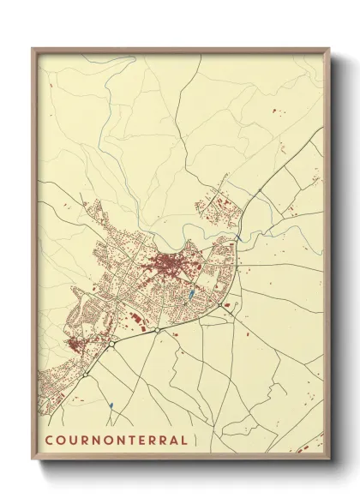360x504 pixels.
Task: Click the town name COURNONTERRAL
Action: coord(117,441)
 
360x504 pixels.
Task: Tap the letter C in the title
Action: coord(49,441)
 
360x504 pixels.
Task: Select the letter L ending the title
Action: coord(184,441)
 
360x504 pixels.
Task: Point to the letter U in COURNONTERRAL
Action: coord(72,441)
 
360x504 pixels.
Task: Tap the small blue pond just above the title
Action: coord(111,405)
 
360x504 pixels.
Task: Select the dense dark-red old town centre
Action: coord(165,266)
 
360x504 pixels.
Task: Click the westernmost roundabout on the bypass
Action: coord(87,375)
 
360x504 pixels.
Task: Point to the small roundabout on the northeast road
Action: coord(258,190)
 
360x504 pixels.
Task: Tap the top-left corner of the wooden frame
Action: coord(33,49)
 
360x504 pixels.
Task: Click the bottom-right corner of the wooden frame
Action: coord(329,459)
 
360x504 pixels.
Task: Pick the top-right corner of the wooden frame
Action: coord(329,49)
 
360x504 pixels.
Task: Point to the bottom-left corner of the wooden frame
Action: coord(33,459)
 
